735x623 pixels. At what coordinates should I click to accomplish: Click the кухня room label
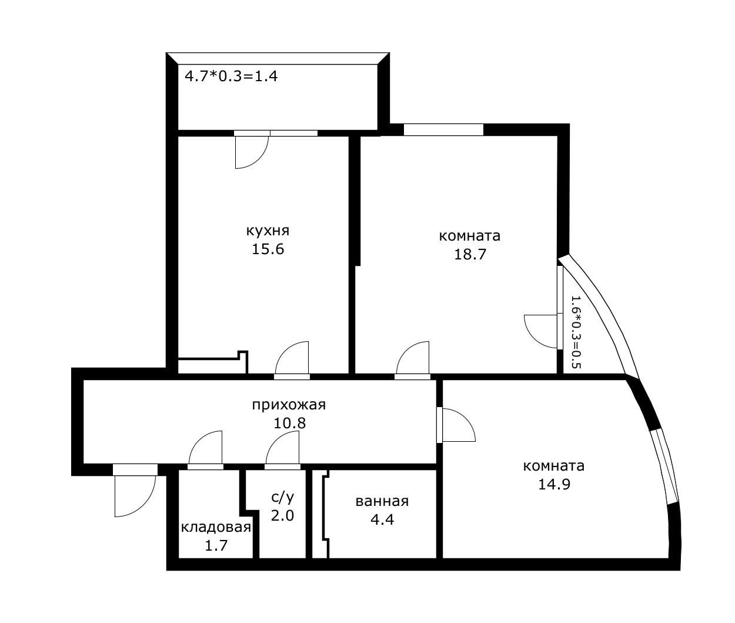coord(268,231)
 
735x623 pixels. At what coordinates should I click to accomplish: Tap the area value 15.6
coord(268,249)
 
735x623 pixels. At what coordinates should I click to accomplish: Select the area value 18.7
coord(469,254)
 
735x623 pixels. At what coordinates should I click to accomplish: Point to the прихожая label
coord(288,405)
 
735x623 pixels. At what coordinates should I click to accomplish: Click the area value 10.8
coord(289,423)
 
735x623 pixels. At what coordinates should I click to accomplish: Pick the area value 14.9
coord(553,484)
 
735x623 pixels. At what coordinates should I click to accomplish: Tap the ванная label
coord(382,501)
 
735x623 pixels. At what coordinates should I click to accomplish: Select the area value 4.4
coord(382,519)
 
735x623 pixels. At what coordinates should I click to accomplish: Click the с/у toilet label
coord(282,497)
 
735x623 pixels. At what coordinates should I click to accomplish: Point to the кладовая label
coord(216,527)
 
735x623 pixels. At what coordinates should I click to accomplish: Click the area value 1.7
coord(216,545)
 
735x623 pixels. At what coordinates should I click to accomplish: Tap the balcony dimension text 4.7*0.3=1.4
coord(231,76)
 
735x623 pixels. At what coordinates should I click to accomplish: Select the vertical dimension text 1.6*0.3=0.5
coord(575,332)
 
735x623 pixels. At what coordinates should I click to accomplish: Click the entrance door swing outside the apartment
coord(135,494)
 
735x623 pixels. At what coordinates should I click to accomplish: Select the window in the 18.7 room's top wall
coord(443,129)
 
